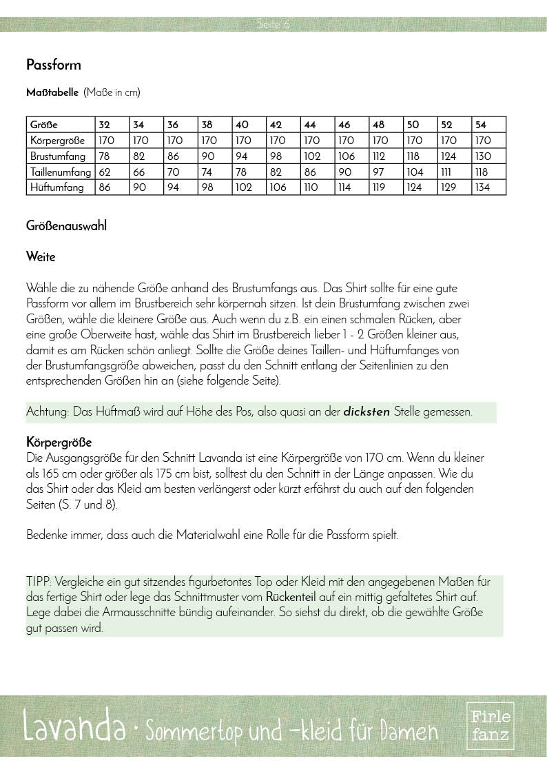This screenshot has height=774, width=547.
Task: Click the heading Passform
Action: tap(54, 65)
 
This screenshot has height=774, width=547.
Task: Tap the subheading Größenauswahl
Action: tap(66, 225)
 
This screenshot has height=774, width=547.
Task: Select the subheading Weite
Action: tap(41, 257)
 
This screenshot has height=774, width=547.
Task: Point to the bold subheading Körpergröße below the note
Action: tap(59, 442)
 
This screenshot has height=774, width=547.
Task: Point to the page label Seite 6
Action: tap(273, 25)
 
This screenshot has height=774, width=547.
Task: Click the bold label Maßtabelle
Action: tap(52, 92)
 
